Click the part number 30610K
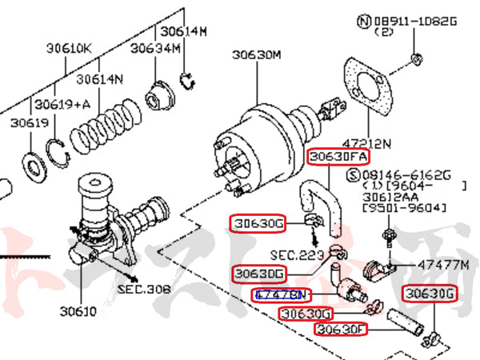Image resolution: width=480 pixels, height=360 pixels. point(70,49)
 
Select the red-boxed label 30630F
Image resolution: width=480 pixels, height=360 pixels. point(341,329)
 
